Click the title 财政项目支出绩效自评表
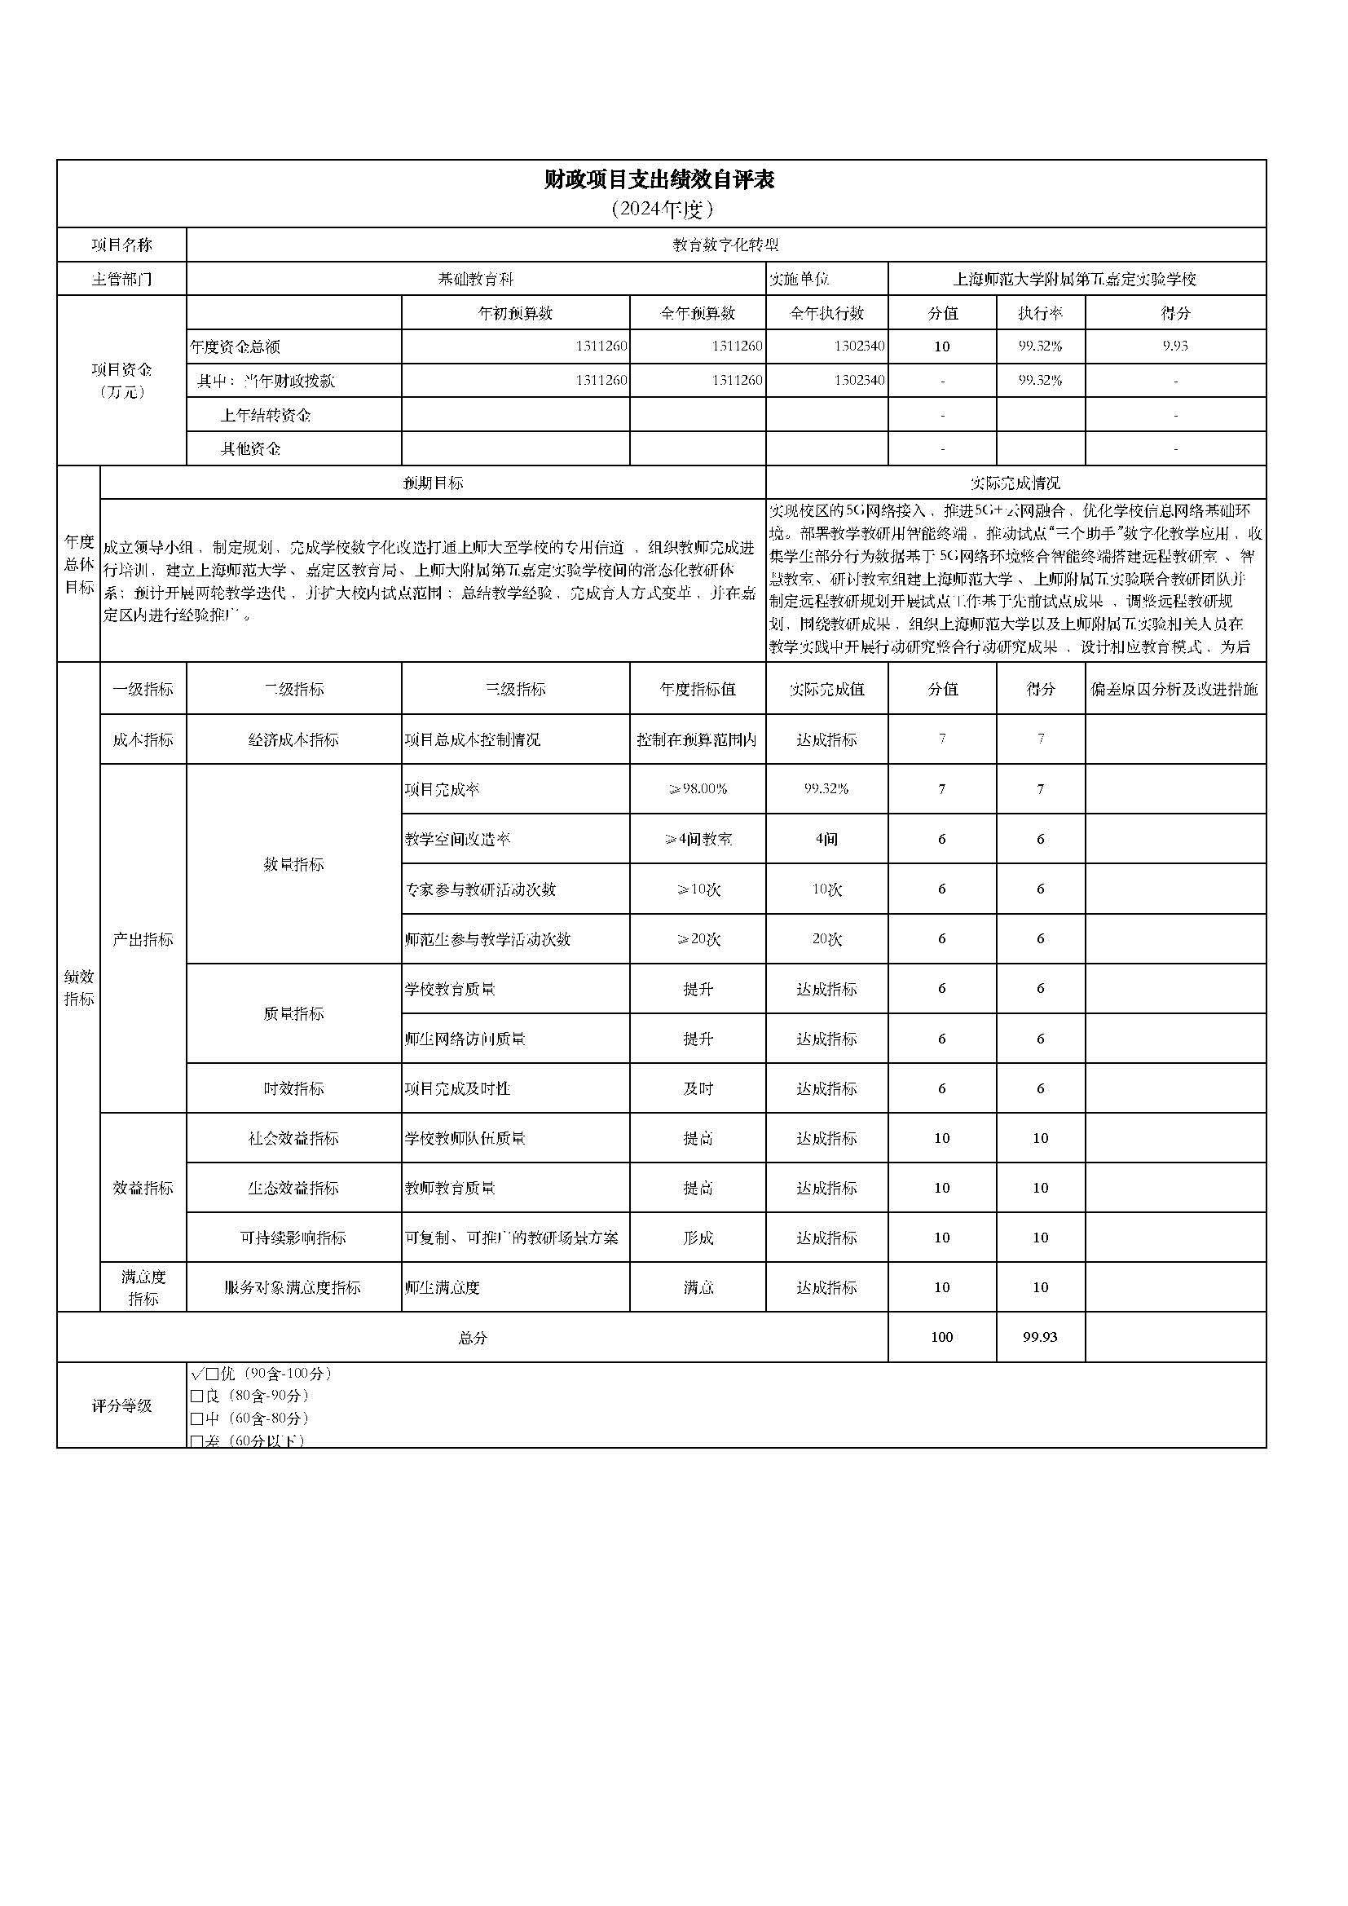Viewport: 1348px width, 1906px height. tap(660, 180)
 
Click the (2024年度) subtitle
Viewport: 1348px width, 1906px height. tap(661, 210)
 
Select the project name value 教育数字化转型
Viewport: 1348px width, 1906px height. tap(725, 245)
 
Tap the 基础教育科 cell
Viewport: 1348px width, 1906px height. tap(476, 280)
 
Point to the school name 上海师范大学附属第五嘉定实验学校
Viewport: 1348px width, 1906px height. tap(1075, 280)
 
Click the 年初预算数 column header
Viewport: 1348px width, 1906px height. tap(514, 313)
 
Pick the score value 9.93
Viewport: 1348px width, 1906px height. tap(1174, 346)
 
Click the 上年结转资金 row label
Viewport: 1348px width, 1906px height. tap(266, 415)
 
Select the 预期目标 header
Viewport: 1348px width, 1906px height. tap(433, 483)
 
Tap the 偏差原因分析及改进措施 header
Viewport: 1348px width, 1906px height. tap(1174, 689)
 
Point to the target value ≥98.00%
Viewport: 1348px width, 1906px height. tap(698, 789)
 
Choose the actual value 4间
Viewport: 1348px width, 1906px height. tap(826, 839)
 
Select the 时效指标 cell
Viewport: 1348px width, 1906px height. tap(293, 1088)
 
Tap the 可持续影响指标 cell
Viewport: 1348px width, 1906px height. tap(293, 1238)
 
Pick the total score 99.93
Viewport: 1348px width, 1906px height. tap(1040, 1337)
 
